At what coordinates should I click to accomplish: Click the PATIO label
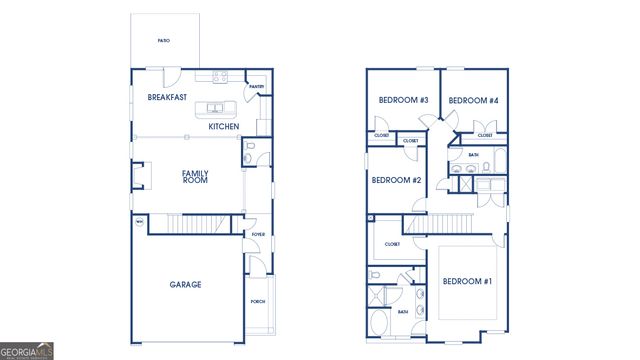163,41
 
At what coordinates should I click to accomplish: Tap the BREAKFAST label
168,98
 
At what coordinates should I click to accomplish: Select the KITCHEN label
223,127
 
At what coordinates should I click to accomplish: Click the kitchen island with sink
216,108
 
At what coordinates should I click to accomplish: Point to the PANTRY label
256,88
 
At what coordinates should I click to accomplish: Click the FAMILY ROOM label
195,177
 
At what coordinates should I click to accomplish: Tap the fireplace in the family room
138,177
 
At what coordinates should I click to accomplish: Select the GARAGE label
185,285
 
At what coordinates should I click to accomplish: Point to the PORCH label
258,301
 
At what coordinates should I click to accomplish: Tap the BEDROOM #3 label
403,100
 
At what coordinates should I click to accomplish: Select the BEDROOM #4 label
473,100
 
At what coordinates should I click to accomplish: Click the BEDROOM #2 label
396,180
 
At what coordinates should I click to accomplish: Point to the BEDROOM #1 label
467,281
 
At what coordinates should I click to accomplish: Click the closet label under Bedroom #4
485,135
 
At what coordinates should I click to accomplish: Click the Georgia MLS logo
27,350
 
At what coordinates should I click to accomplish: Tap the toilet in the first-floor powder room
250,155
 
